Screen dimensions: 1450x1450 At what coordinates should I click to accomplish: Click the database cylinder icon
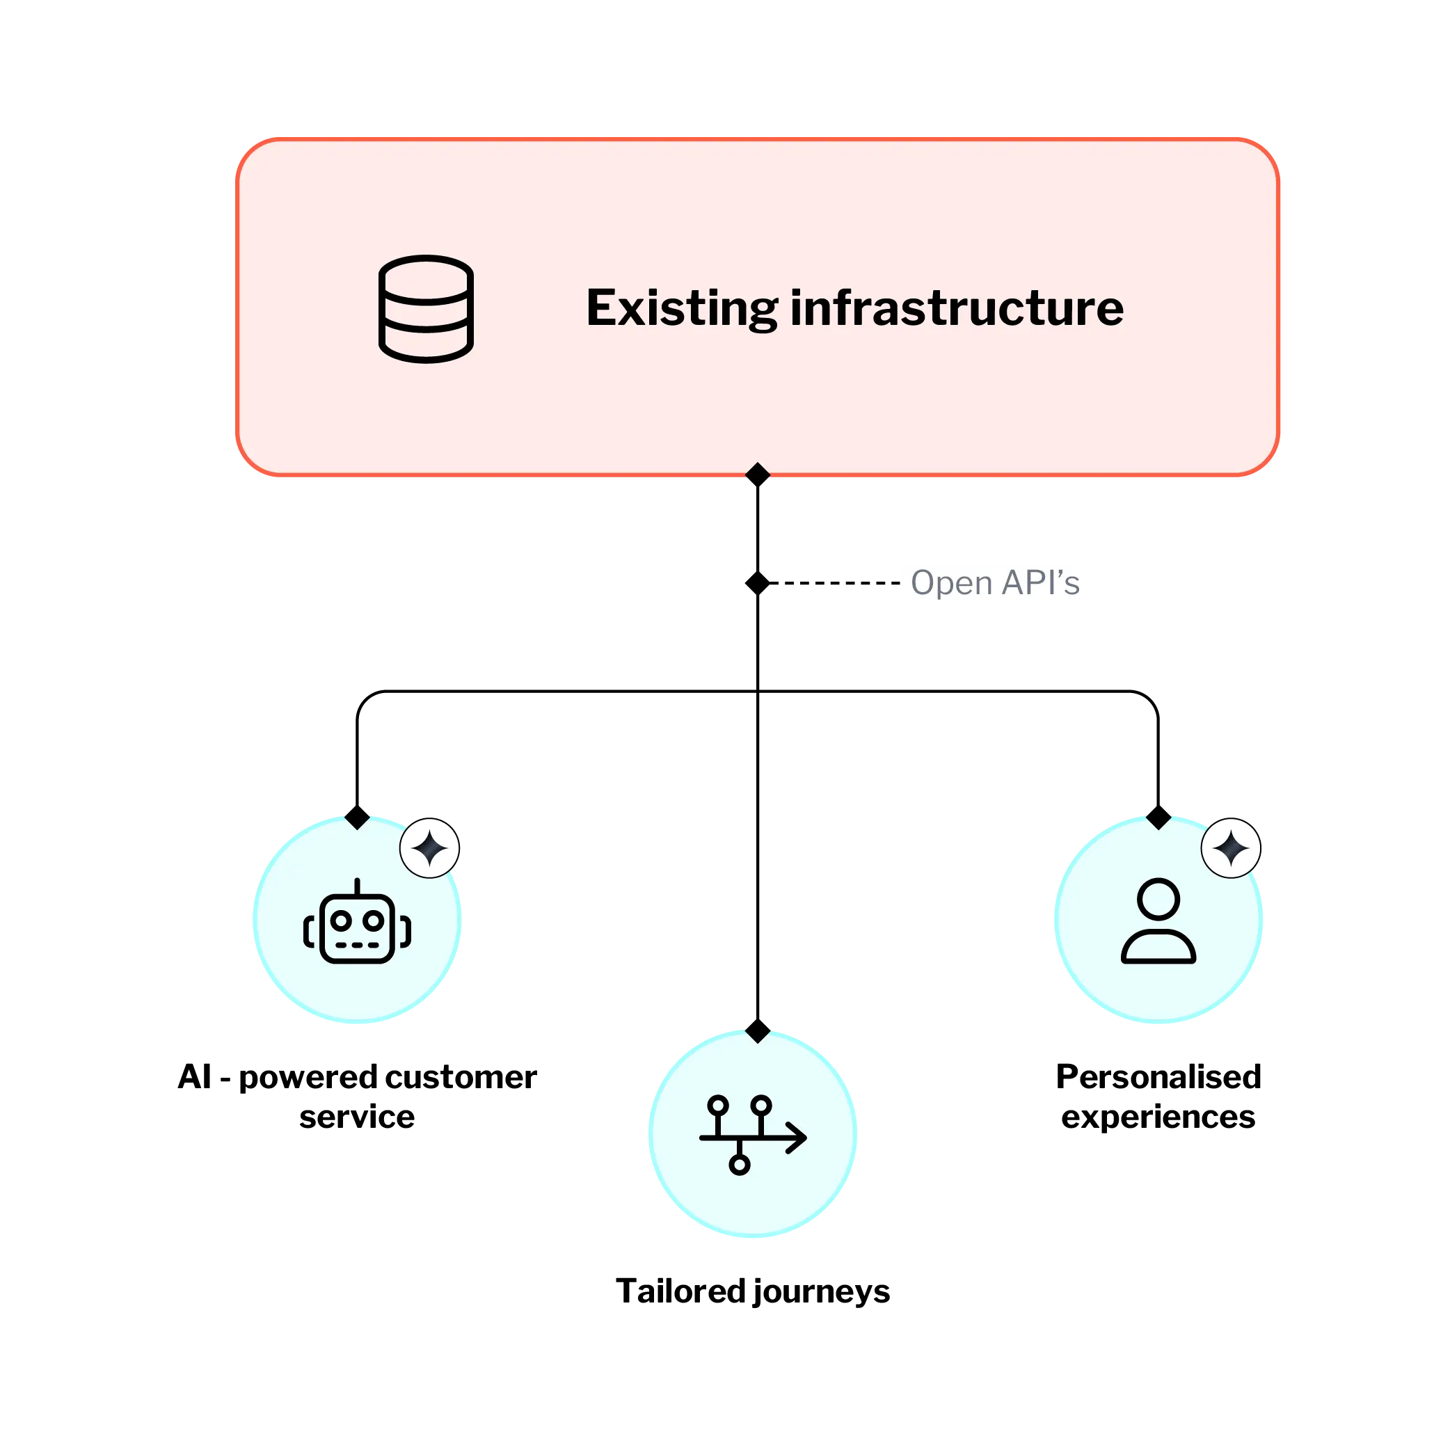426,308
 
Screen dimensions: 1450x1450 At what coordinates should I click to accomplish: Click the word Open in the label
951,582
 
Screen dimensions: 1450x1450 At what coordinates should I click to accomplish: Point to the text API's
1039,582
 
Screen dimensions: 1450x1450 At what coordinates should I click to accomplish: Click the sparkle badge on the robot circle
429,848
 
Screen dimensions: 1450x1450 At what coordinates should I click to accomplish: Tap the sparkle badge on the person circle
1231,848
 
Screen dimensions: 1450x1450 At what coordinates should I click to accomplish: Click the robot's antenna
357,886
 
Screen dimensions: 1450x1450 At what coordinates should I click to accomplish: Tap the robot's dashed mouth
357,945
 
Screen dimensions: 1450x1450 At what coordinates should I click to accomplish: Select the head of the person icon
1158,898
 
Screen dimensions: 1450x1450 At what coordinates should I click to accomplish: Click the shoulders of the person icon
1158,947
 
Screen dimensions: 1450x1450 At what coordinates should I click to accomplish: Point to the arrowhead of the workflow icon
799,1138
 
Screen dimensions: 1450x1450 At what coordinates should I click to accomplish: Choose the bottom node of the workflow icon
739,1164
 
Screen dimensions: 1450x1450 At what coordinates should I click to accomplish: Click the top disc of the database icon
426,274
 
